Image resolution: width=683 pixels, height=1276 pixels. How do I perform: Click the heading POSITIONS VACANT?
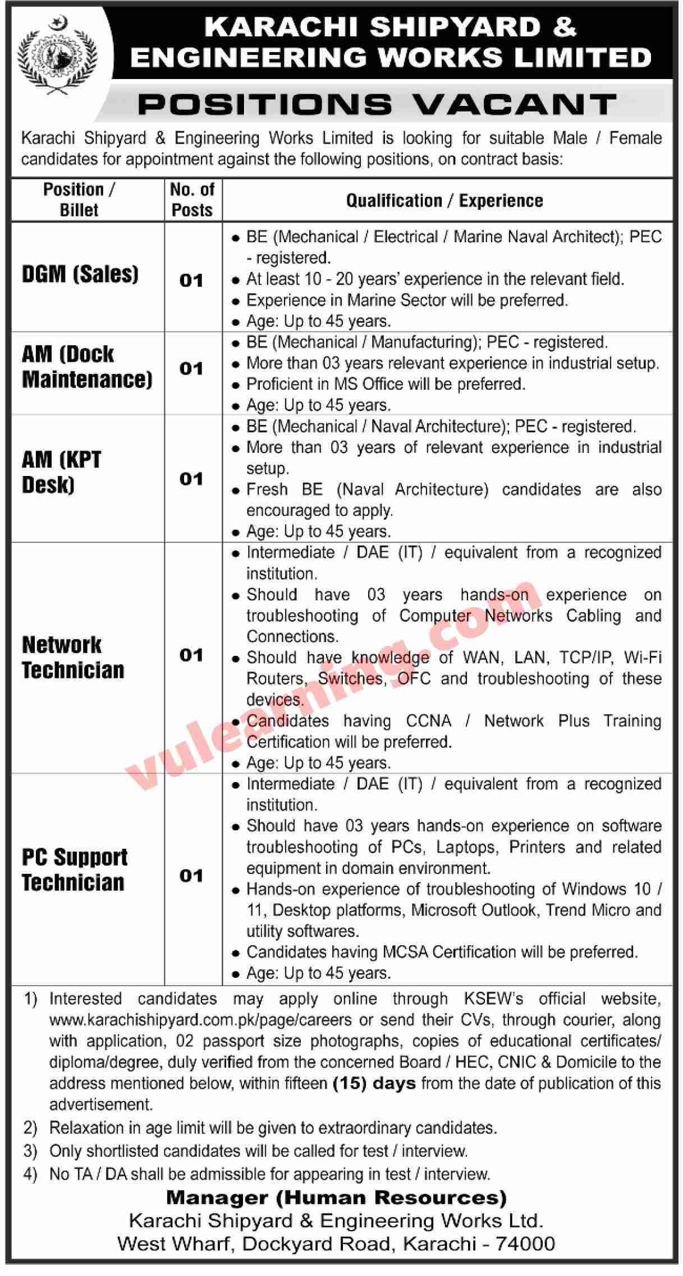(x=377, y=104)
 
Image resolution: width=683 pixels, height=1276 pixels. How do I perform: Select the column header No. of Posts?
(x=192, y=200)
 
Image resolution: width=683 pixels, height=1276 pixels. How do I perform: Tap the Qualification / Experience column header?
(x=444, y=201)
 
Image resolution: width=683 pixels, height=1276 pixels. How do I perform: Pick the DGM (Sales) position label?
(x=80, y=274)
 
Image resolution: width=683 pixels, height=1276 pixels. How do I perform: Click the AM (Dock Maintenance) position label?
(x=87, y=367)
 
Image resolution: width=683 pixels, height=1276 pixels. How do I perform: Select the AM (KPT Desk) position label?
(x=61, y=472)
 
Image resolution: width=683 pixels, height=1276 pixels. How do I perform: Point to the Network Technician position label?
(x=73, y=657)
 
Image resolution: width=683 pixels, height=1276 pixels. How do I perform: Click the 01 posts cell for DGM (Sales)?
(x=191, y=280)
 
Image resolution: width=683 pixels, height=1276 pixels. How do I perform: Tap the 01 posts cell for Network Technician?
(x=191, y=655)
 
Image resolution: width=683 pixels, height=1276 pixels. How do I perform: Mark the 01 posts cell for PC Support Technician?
(x=191, y=876)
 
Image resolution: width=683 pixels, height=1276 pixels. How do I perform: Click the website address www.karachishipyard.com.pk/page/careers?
(x=200, y=1020)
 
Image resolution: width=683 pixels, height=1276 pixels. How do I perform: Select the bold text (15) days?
(x=374, y=1083)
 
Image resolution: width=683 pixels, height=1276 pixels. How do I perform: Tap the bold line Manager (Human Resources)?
(x=336, y=1198)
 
